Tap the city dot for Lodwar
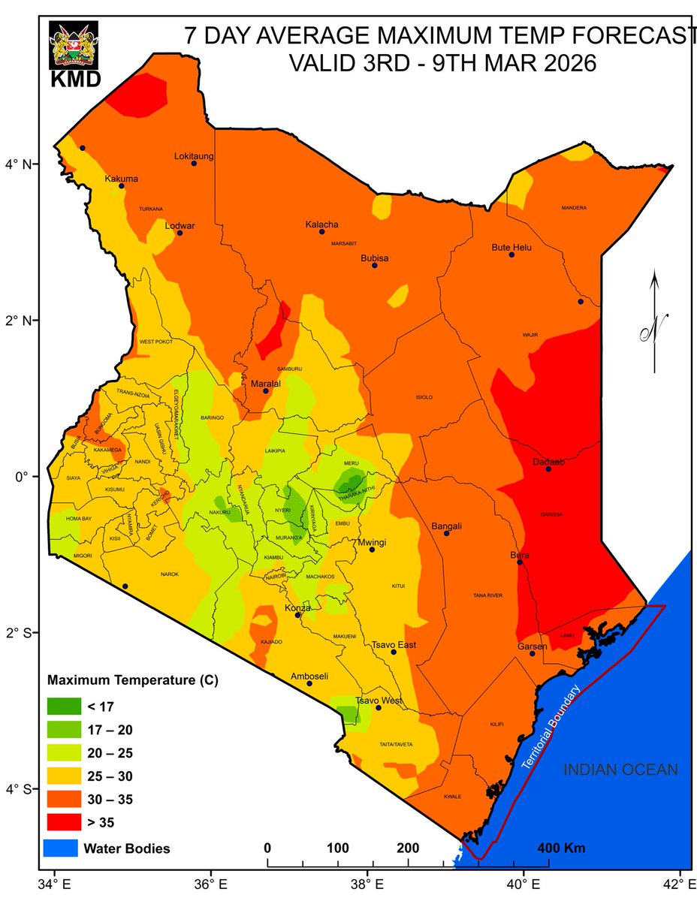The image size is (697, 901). point(180,233)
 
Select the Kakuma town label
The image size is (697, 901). point(122,179)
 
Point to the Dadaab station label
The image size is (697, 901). point(548,462)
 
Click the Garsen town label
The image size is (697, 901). point(533,646)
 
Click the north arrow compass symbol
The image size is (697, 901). point(655,323)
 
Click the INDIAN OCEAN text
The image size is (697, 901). point(620,770)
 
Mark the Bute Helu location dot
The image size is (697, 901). point(511,255)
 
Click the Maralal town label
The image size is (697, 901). point(265,383)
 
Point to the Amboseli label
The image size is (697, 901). point(309,676)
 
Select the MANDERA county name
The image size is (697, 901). point(573,208)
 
